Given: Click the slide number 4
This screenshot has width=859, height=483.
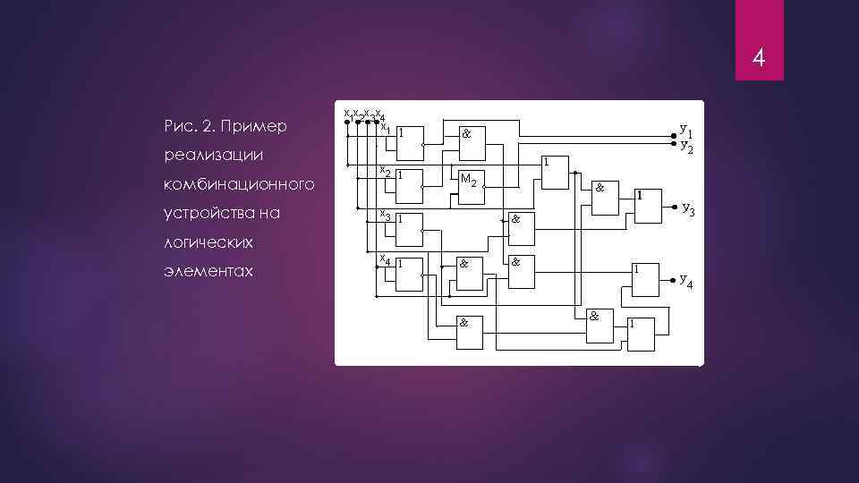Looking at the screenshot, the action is pyautogui.click(x=758, y=59).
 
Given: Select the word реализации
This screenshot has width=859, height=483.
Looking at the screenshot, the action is pyautogui.click(x=214, y=155).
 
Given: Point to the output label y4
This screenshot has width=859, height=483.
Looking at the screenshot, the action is pyautogui.click(x=686, y=281).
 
